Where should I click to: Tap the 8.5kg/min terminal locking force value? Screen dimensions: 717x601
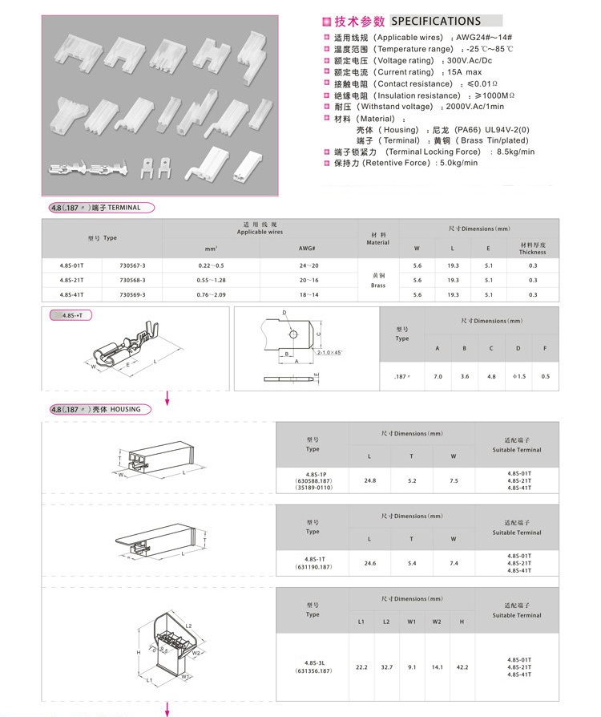(515, 152)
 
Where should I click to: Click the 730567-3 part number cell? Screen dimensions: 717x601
(132, 265)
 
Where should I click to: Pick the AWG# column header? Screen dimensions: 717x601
(308, 248)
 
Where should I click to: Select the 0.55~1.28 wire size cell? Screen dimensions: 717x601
(212, 280)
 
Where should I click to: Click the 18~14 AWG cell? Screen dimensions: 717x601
(308, 295)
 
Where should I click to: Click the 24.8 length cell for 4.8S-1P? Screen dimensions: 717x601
(369, 480)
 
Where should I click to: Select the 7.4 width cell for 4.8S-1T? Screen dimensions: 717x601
(454, 563)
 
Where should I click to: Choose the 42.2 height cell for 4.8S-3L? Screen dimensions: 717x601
(462, 667)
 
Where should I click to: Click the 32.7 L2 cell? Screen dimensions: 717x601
(386, 667)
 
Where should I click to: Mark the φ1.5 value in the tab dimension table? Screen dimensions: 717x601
(518, 376)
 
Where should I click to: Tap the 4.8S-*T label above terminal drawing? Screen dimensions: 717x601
(77, 316)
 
